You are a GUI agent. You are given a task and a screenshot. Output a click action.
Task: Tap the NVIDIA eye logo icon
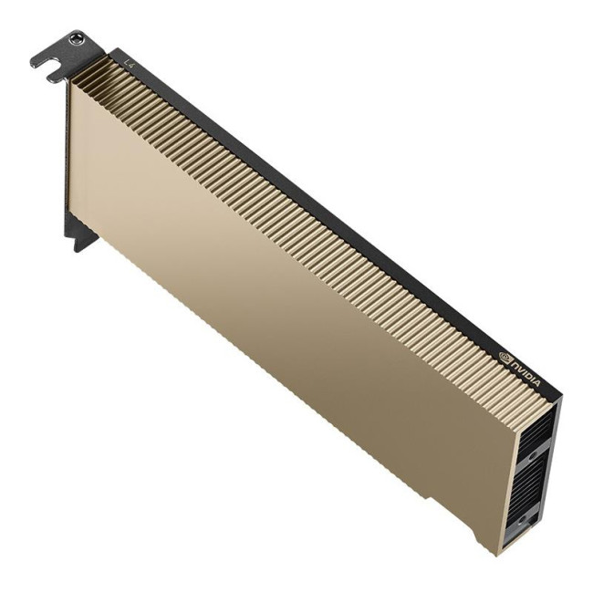tap(506, 354)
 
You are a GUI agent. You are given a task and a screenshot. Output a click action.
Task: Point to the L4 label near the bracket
tap(130, 64)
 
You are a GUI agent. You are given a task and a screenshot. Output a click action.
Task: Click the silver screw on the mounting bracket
tap(77, 39)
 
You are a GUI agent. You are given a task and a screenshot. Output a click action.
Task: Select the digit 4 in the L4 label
tap(133, 66)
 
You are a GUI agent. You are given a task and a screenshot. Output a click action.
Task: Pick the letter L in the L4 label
tap(127, 61)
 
